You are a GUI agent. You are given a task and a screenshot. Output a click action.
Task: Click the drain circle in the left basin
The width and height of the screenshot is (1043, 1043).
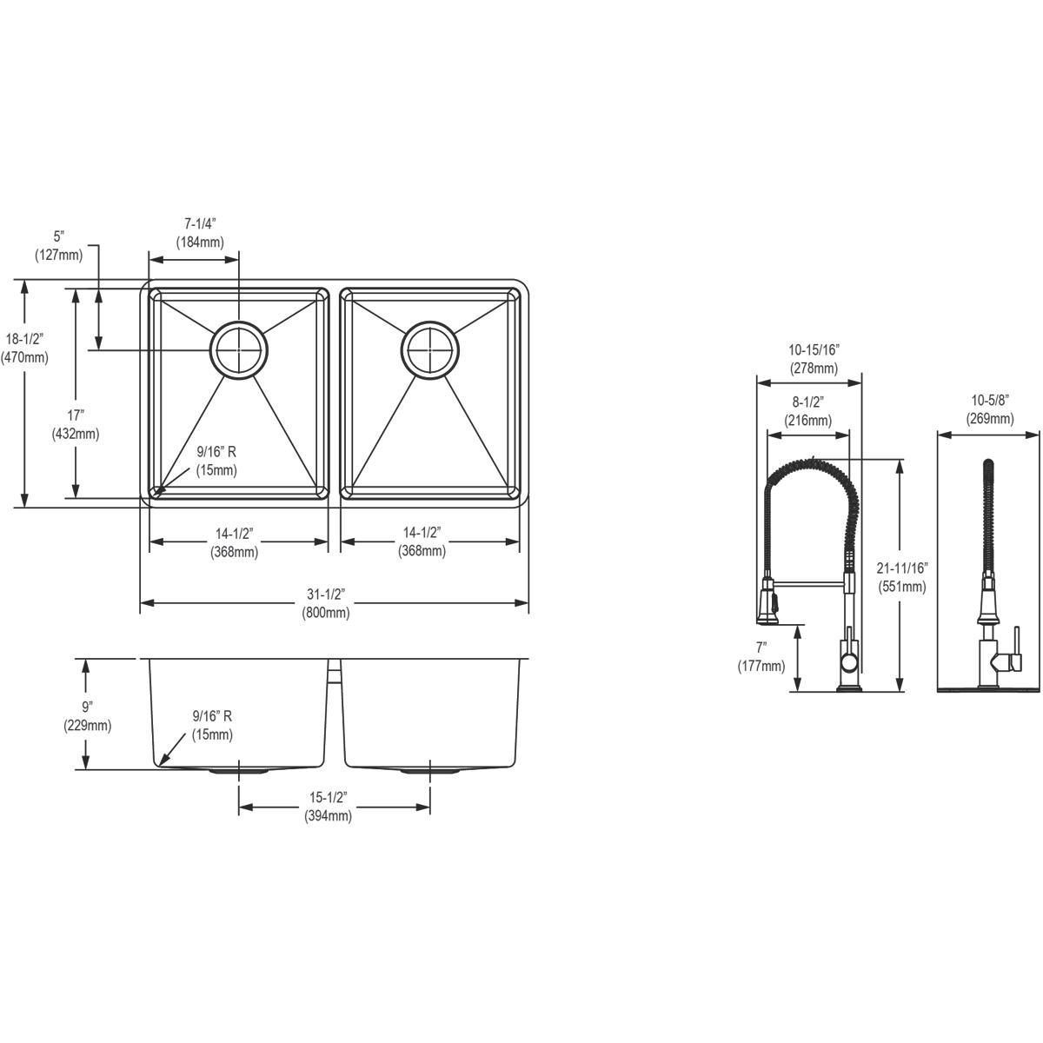(239, 350)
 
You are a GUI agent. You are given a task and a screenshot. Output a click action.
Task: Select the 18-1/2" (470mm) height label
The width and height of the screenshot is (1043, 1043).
(24, 348)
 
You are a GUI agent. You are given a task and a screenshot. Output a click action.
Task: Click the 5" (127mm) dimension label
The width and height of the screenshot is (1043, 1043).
(59, 245)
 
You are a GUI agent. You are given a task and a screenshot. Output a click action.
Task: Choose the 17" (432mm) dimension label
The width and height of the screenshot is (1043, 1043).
(76, 424)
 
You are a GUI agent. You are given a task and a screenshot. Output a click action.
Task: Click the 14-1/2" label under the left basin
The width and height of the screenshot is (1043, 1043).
(233, 541)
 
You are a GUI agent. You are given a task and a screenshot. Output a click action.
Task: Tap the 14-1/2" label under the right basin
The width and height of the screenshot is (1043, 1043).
(422, 541)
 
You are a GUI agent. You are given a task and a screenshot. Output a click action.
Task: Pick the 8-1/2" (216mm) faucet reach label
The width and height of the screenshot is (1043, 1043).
(808, 410)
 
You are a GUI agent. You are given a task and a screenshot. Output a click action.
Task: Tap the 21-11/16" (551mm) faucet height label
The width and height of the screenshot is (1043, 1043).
(902, 576)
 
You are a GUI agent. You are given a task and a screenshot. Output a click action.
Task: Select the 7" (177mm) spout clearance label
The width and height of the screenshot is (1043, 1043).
(761, 657)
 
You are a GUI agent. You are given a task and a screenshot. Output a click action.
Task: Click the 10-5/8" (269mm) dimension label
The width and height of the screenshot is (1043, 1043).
(989, 409)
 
